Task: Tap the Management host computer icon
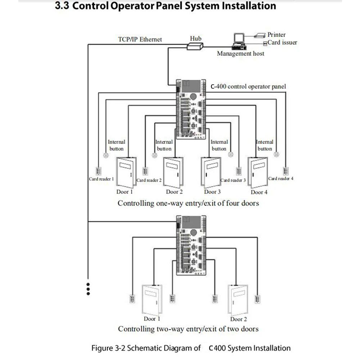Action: tap(238, 40)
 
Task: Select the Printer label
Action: tap(276, 35)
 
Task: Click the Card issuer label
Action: tap(282, 42)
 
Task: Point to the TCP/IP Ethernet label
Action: tap(140, 39)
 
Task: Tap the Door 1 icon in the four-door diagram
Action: tap(125, 172)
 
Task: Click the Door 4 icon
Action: tap(257, 172)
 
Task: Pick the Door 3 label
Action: tap(212, 192)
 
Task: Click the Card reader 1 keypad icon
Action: tap(98, 171)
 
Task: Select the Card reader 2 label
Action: tap(149, 180)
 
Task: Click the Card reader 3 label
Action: tap(233, 180)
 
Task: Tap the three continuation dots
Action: tap(88, 289)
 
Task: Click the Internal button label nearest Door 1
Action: tap(116, 145)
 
